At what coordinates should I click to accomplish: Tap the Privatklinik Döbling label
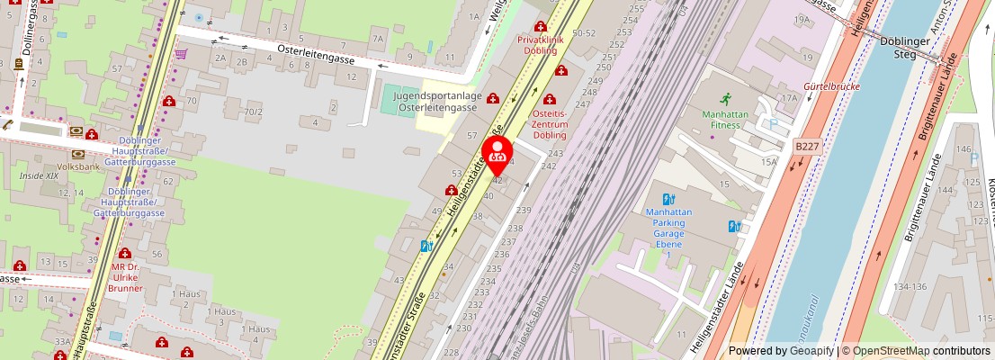[550, 45]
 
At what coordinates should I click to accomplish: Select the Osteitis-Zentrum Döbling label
[551, 124]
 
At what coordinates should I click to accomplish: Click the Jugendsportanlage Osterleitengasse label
[438, 102]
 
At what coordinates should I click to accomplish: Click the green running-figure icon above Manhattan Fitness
[726, 98]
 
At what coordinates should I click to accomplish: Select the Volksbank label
[78, 166]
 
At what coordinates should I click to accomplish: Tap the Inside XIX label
[38, 175]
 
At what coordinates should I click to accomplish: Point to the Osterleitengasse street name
[313, 51]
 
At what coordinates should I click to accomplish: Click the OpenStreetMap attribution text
[917, 351]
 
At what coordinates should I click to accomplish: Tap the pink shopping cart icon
[181, 54]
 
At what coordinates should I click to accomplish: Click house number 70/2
[255, 112]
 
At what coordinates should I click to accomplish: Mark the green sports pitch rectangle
[395, 100]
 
